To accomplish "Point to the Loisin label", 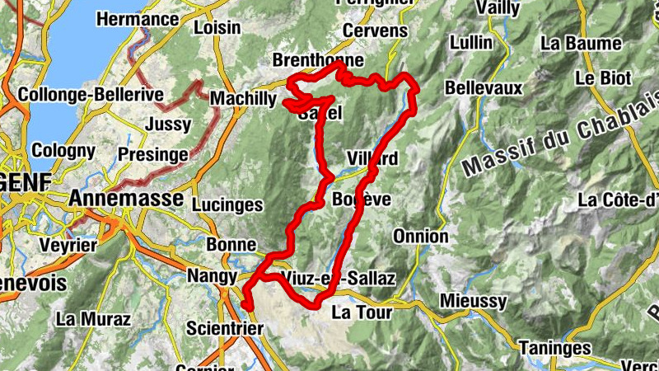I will point(217,28).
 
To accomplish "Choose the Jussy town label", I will point(167,124).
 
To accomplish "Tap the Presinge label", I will point(152,154).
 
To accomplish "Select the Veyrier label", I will point(67,245).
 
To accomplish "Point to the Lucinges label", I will point(227,204).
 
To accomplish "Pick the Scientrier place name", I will point(225,328).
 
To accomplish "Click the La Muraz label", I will point(93,318).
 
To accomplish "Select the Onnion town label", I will point(420,237).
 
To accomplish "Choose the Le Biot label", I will point(603,78).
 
